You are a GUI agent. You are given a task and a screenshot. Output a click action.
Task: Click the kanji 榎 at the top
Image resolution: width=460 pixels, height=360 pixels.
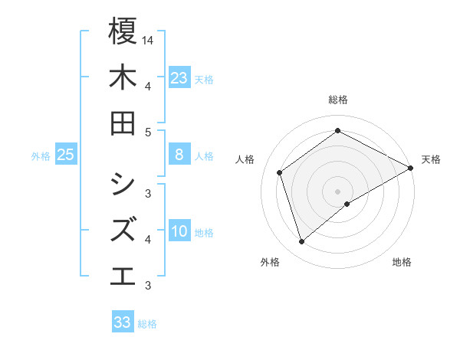(x=123, y=31)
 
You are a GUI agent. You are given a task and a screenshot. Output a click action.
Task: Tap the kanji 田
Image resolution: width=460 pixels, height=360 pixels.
(x=123, y=123)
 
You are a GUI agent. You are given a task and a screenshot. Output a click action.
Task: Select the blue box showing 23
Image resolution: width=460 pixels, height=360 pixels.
(x=179, y=78)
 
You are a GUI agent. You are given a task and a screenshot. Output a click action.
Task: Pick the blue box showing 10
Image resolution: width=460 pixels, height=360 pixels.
(x=179, y=232)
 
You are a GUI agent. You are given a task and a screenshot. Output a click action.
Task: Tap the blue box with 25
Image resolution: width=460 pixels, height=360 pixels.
(x=66, y=155)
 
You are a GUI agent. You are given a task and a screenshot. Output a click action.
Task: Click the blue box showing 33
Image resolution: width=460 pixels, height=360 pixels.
(x=123, y=322)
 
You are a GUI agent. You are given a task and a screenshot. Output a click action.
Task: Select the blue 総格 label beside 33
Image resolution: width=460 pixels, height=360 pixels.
(x=147, y=324)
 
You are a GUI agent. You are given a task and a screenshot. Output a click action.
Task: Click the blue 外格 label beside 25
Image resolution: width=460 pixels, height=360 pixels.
(x=41, y=156)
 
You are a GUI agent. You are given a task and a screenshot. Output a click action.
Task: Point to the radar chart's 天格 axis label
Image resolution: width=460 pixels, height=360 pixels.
(x=431, y=159)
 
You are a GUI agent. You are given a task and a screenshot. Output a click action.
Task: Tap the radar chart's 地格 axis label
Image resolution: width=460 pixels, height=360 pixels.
(x=402, y=263)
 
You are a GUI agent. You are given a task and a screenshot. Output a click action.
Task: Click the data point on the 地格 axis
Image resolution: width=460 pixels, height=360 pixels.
(x=347, y=204)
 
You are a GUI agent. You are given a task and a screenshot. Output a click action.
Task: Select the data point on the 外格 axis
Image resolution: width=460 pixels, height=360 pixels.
(x=301, y=242)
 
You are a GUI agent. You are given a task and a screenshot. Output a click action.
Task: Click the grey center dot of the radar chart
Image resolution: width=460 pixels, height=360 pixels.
(x=338, y=191)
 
